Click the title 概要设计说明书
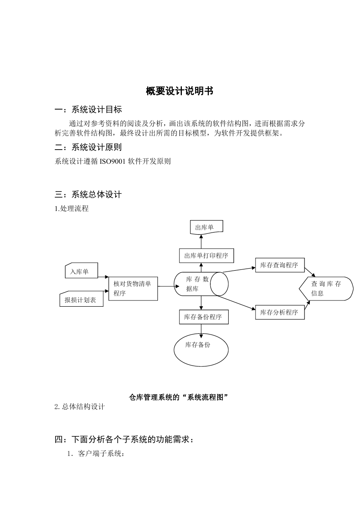[179, 91]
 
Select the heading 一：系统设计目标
[88, 109]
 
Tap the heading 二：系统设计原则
[88, 147]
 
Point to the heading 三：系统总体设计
[88, 194]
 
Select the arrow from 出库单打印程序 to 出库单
[201, 242]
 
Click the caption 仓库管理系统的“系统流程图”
[179, 397]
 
